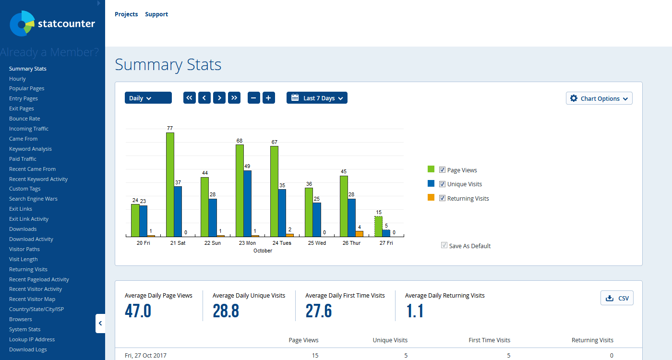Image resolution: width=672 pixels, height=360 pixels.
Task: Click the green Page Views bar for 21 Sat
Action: (x=170, y=184)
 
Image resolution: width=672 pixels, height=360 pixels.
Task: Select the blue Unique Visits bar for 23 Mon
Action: (x=247, y=204)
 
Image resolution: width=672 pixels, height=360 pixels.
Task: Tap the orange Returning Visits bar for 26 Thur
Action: (x=359, y=234)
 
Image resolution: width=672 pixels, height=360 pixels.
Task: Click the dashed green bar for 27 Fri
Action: (x=378, y=226)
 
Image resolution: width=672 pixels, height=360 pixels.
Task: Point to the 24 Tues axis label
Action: (x=282, y=243)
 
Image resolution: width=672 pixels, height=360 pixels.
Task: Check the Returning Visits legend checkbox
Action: (x=442, y=198)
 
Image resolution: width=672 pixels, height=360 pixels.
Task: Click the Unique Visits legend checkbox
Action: (x=442, y=184)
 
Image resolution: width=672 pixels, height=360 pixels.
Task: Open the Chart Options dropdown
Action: (x=599, y=98)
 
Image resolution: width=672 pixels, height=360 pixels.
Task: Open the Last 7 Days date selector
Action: (x=317, y=98)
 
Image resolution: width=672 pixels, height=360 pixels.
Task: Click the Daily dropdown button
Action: (x=148, y=98)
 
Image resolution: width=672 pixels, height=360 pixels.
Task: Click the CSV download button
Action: (x=617, y=298)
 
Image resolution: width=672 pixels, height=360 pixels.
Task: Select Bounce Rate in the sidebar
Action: (x=24, y=119)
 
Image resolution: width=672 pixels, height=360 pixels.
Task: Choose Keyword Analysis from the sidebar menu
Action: (x=30, y=149)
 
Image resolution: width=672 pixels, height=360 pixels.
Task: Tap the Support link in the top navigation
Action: (x=156, y=14)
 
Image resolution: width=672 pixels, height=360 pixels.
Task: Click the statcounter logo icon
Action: (x=22, y=24)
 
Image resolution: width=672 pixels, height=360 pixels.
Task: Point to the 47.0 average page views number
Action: (x=138, y=311)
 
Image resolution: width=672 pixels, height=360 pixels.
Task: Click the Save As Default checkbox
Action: (x=444, y=245)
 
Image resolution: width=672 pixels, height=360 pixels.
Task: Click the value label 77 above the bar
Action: (x=170, y=128)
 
